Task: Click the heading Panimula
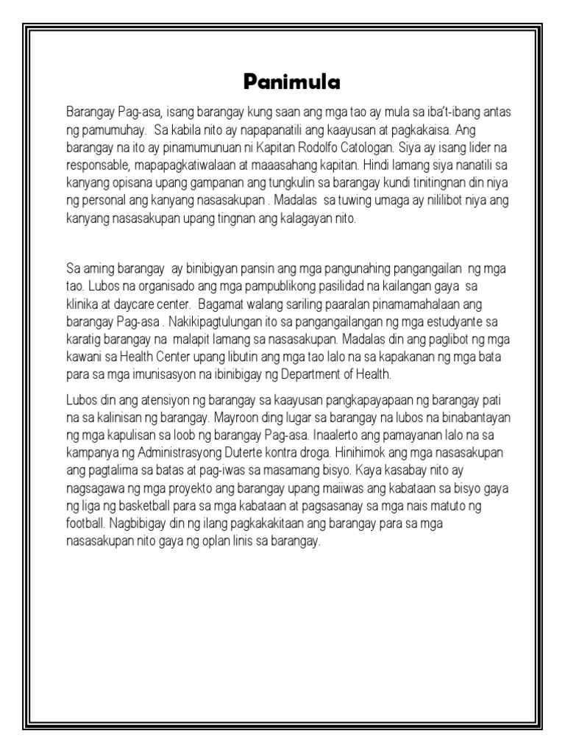pos(292,82)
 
